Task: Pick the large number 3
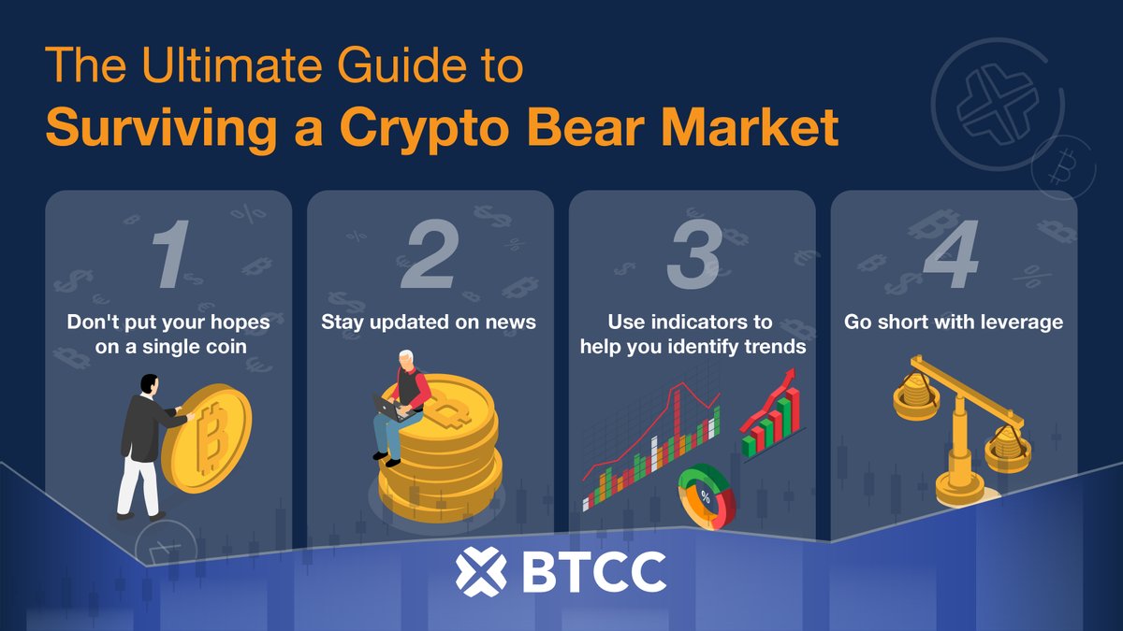(693, 254)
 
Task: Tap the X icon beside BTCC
(480, 571)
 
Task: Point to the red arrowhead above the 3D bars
(789, 376)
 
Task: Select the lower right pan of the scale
(1007, 439)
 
